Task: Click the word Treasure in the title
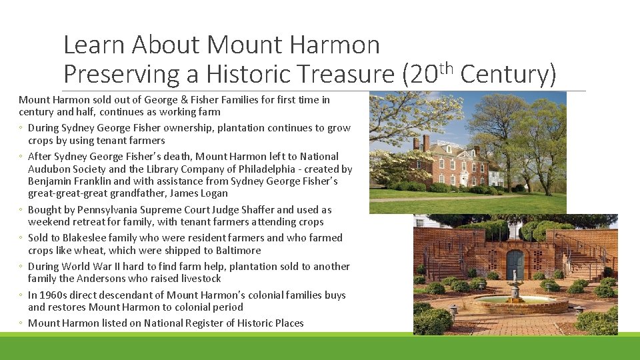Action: click(345, 75)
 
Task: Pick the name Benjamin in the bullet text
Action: click(49, 181)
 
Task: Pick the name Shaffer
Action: click(271, 209)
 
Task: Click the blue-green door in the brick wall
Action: click(514, 265)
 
